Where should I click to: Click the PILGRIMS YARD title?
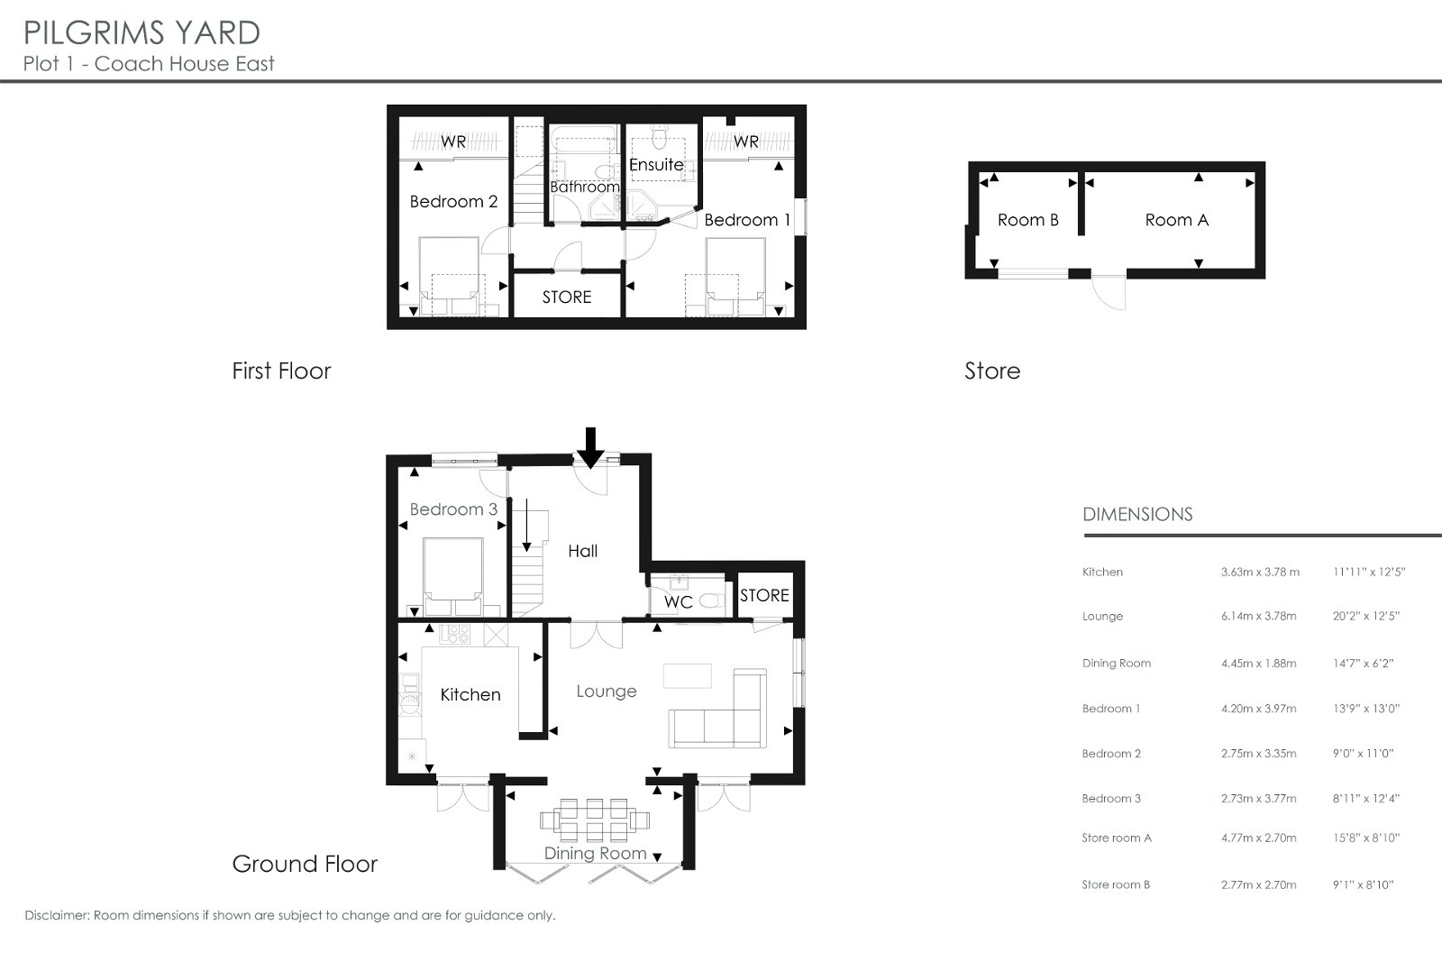(x=141, y=32)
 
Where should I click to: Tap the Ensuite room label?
(x=656, y=165)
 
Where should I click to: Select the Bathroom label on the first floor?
(x=585, y=187)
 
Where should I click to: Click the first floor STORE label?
(x=567, y=297)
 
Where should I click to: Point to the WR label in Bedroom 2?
(x=453, y=142)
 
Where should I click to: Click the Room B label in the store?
(x=1028, y=220)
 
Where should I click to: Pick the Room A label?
(x=1177, y=220)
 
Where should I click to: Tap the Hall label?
(x=582, y=551)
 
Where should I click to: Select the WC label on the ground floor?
(x=679, y=602)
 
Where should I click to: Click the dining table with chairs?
(x=594, y=820)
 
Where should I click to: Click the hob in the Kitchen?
(x=454, y=634)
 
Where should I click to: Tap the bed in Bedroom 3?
(x=452, y=577)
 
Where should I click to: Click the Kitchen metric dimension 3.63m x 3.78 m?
(x=1260, y=572)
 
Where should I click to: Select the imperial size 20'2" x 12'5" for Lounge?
(x=1366, y=616)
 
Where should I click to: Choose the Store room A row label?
(x=1117, y=838)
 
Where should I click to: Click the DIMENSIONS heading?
(x=1137, y=515)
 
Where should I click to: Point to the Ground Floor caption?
(x=305, y=864)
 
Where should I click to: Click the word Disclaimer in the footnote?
(x=57, y=915)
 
